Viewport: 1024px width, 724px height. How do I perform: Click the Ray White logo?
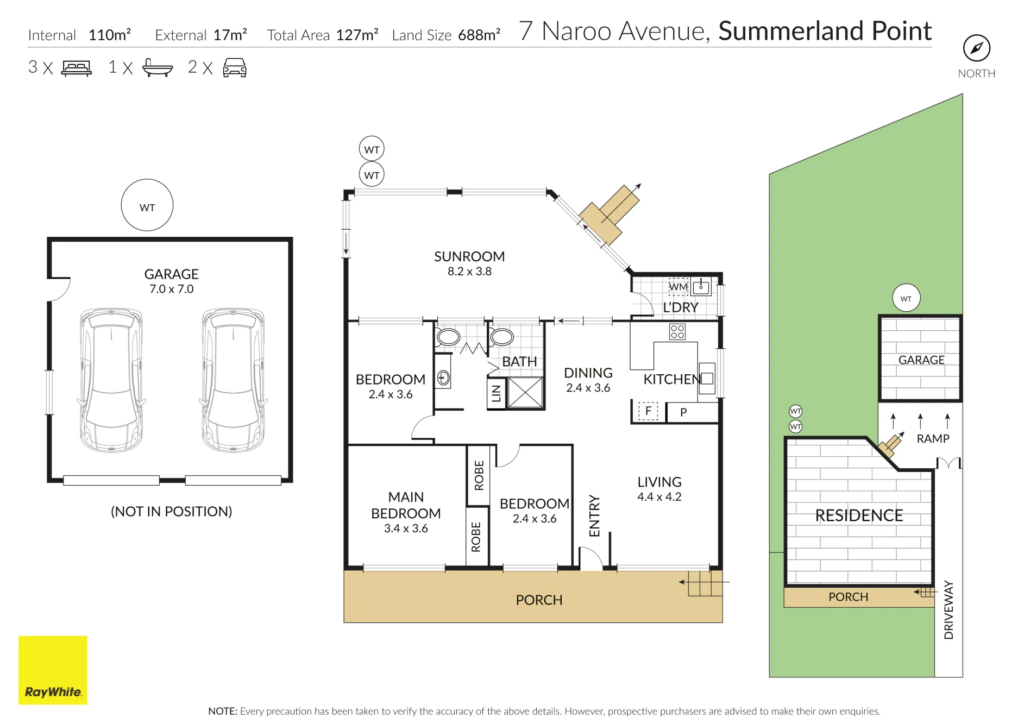(x=53, y=670)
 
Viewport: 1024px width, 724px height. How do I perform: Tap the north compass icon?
(x=976, y=48)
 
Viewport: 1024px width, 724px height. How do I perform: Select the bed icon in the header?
(x=77, y=68)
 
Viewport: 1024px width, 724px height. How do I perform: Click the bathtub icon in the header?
(x=158, y=68)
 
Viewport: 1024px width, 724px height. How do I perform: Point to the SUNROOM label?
(x=469, y=256)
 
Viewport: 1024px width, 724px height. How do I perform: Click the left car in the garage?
(x=111, y=380)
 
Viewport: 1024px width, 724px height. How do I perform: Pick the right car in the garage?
(x=233, y=380)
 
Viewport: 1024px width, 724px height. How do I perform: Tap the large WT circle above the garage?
(x=147, y=205)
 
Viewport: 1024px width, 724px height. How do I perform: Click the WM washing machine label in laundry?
(x=678, y=287)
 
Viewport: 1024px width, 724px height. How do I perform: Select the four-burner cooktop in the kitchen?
(x=677, y=331)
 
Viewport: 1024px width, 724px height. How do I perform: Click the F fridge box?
(x=648, y=411)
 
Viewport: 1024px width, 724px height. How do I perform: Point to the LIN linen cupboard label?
(x=496, y=393)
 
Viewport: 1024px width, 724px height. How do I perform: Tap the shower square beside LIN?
(x=525, y=392)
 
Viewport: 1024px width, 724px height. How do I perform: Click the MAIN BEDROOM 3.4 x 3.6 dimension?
(x=406, y=528)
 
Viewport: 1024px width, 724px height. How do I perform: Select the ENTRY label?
(x=594, y=516)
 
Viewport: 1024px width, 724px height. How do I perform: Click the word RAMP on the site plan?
(x=933, y=439)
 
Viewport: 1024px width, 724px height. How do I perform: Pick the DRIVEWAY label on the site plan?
(x=948, y=610)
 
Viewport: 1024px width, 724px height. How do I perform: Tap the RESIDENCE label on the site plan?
(x=859, y=515)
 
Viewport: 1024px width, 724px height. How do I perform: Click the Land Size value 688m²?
(x=479, y=35)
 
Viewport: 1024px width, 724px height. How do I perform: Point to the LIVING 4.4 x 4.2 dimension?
(x=659, y=497)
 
